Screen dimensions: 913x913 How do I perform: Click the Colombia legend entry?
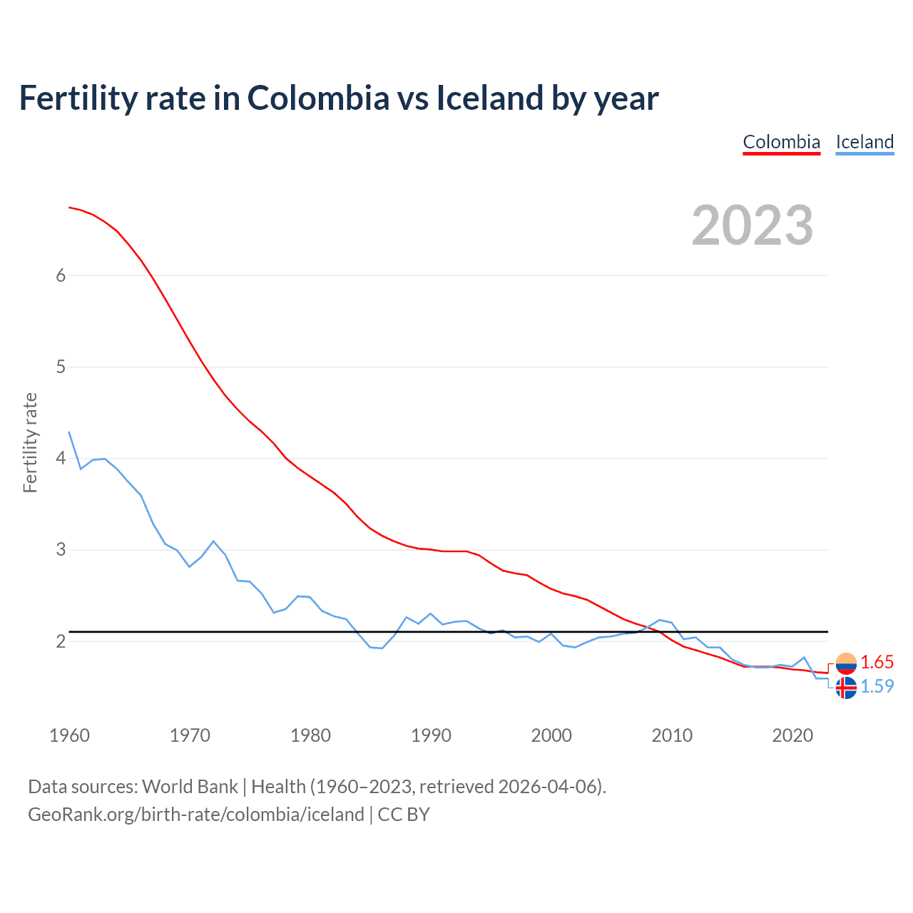point(781,142)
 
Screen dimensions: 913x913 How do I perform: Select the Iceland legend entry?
point(864,142)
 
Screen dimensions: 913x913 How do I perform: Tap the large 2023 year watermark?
point(752,225)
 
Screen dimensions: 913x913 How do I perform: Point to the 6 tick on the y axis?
point(61,276)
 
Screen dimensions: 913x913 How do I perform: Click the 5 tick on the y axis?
point(61,367)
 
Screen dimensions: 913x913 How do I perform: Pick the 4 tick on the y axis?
point(61,459)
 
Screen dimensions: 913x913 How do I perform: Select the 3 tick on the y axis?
point(61,550)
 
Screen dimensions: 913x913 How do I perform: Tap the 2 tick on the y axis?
point(61,641)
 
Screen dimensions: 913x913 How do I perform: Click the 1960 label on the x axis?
point(69,735)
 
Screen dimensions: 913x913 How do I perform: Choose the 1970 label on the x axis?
point(190,735)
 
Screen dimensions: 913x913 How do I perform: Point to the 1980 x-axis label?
point(310,735)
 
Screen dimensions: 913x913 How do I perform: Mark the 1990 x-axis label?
point(431,735)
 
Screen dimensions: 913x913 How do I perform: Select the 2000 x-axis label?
point(551,735)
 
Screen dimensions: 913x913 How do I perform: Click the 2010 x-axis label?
point(672,735)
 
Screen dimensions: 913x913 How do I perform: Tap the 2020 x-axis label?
point(792,735)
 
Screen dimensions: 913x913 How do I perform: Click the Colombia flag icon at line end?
point(846,663)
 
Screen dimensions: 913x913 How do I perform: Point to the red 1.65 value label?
point(877,663)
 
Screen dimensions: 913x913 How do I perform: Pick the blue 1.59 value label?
point(877,687)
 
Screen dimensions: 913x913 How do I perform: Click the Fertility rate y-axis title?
point(30,442)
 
